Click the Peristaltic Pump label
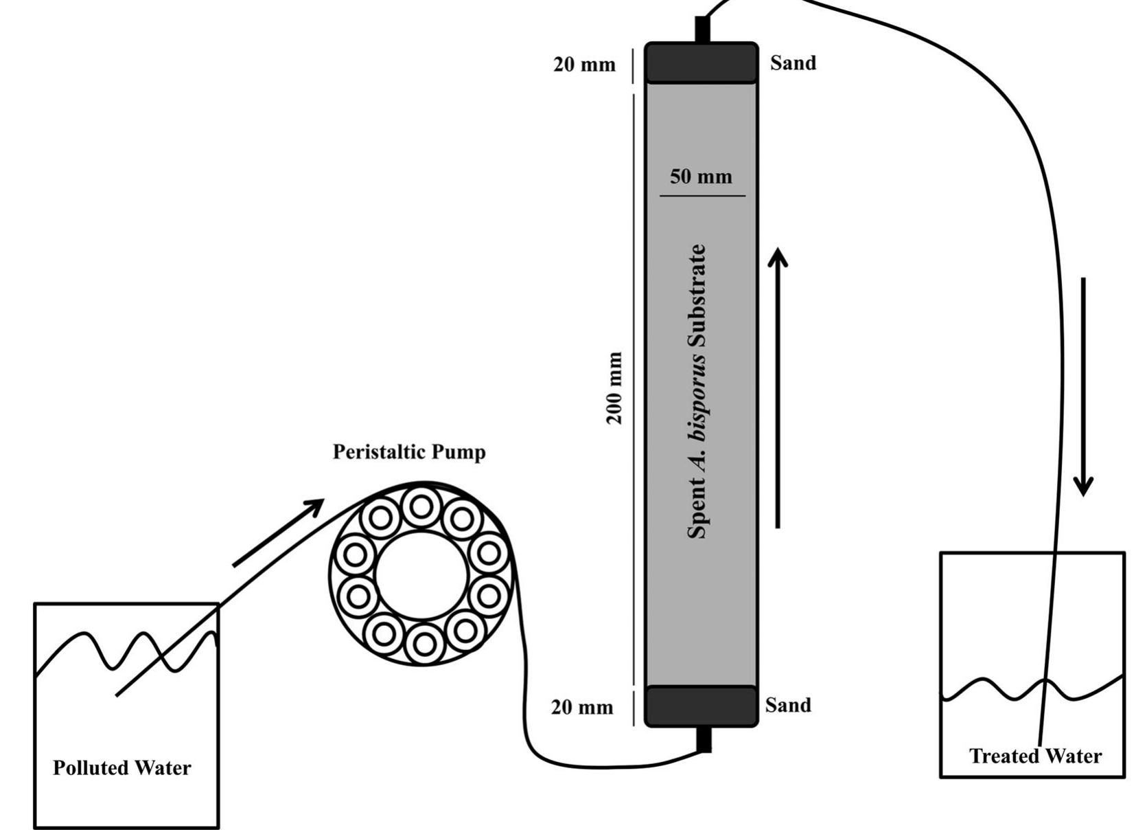[x=409, y=452]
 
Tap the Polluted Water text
[x=122, y=767]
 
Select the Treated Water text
[x=1034, y=756]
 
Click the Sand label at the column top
[x=793, y=63]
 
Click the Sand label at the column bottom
[x=788, y=705]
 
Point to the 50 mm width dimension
[x=701, y=177]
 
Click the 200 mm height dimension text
[x=616, y=388]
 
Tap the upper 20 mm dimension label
[x=584, y=65]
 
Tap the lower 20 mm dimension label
[x=582, y=707]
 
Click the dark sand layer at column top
[x=701, y=63]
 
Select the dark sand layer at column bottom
[x=701, y=706]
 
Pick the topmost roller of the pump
[x=421, y=506]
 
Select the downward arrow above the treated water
[x=1083, y=385]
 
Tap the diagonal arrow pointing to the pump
[x=278, y=532]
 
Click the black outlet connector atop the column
[x=702, y=30]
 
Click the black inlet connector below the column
[x=704, y=739]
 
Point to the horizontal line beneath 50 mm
[x=702, y=196]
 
